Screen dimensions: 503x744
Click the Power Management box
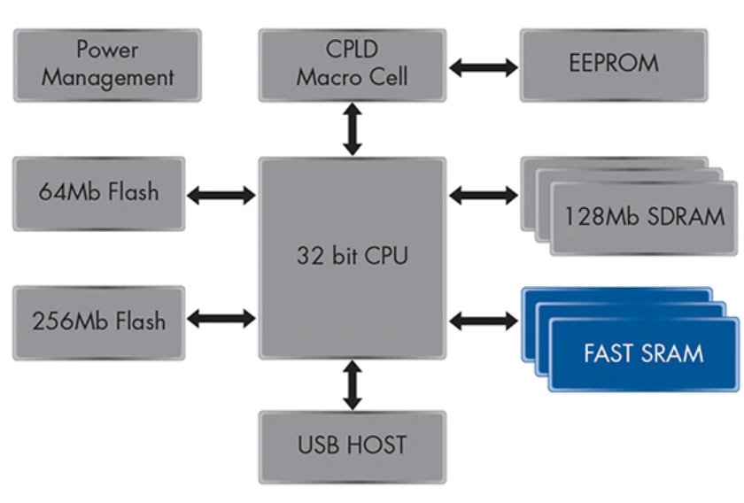click(x=107, y=64)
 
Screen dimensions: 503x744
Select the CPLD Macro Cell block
click(x=352, y=64)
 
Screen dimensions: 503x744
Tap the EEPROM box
click(x=613, y=64)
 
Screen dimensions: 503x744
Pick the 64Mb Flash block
click(x=98, y=192)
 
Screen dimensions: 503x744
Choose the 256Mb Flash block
click(x=98, y=321)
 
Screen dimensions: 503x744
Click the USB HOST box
click(x=352, y=445)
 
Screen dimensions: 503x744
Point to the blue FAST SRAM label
click(x=643, y=353)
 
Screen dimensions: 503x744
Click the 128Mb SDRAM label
click(x=643, y=216)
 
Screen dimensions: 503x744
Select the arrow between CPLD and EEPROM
click(x=483, y=66)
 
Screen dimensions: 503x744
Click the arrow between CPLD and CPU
click(x=353, y=129)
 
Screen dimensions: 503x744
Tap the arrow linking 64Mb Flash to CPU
click(x=221, y=194)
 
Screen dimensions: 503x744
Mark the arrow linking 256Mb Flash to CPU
click(x=221, y=320)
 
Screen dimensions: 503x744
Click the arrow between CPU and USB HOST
click(x=353, y=383)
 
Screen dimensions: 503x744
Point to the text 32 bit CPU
click(x=352, y=256)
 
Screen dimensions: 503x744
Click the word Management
click(x=107, y=77)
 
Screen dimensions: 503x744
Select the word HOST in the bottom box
click(x=380, y=445)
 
